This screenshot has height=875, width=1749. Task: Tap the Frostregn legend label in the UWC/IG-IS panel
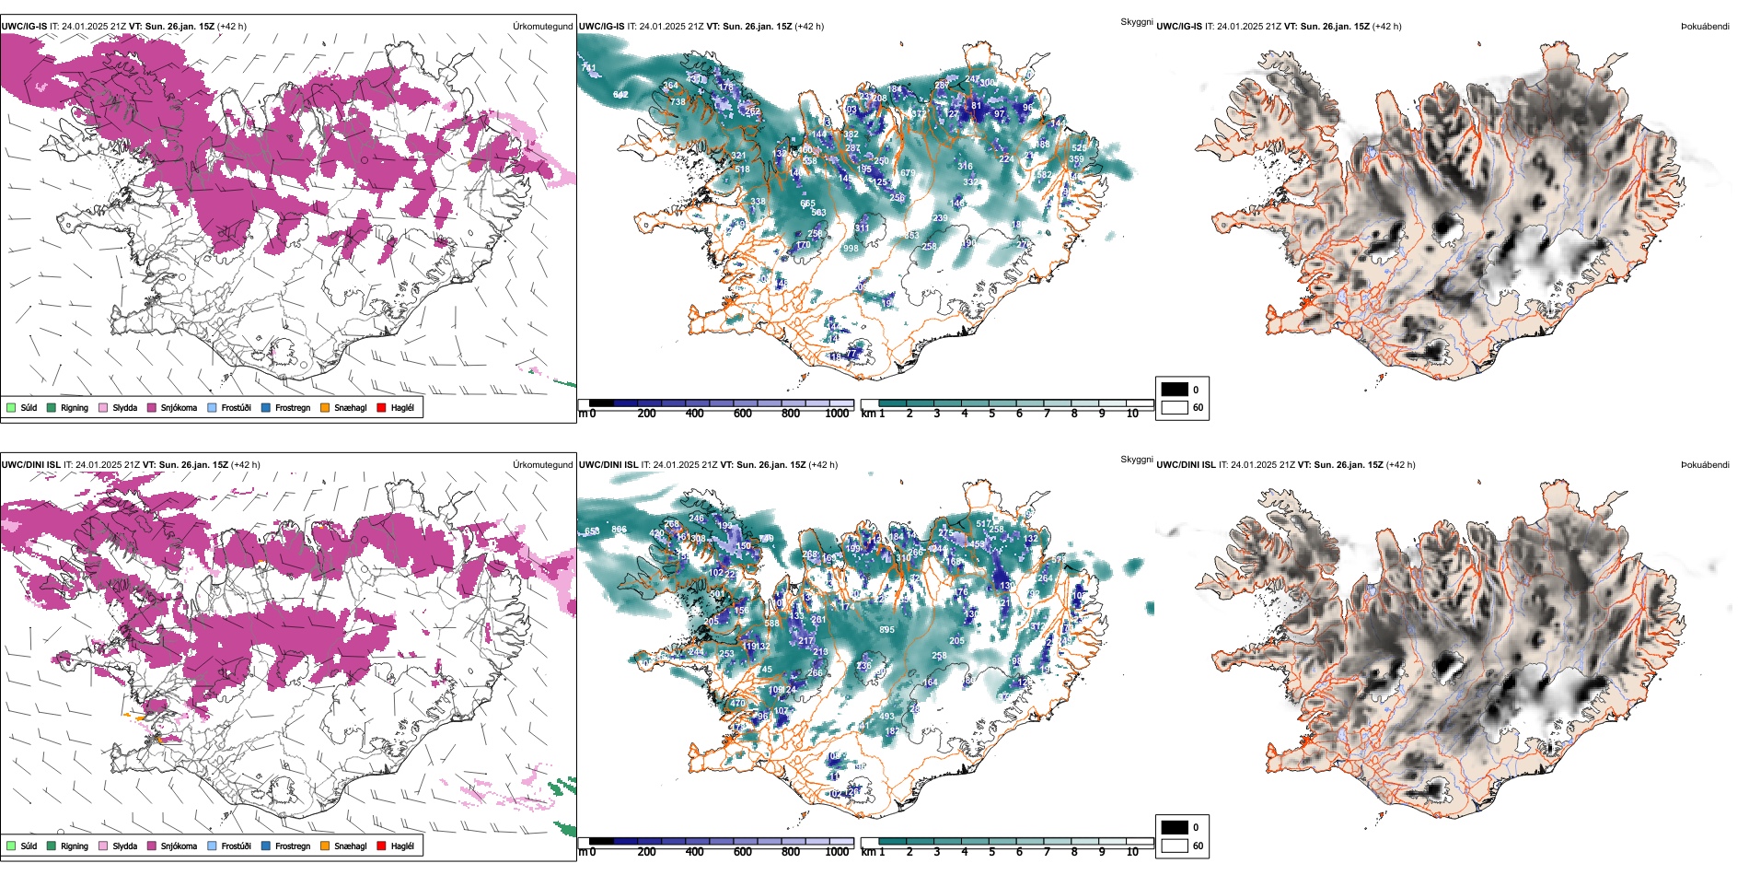coord(293,408)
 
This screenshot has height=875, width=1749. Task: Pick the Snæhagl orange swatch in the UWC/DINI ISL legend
coord(326,846)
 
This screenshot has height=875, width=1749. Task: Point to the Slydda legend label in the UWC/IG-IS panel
coord(125,408)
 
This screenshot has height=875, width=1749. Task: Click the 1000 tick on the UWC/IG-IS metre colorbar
coord(837,414)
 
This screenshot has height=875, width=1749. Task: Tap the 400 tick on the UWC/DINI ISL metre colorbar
coord(694,852)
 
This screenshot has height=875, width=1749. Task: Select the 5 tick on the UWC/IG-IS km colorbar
coord(991,414)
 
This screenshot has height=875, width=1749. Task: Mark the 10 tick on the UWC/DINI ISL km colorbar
coord(1132,852)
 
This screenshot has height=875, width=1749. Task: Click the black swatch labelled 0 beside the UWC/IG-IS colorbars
coord(1175,390)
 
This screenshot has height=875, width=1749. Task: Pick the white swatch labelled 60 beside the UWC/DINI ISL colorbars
coord(1175,846)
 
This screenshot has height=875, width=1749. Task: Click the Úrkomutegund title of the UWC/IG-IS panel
coord(542,27)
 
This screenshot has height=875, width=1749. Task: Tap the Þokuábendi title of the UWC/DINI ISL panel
coord(1705,465)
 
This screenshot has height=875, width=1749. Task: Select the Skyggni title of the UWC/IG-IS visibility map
coord(1136,22)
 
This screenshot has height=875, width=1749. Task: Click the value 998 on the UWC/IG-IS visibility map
coord(851,248)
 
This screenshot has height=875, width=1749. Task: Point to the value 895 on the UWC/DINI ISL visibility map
coord(886,630)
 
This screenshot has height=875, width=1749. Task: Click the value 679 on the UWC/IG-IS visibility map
coord(908,173)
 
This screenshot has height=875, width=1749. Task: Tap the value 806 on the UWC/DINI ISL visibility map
coord(620,530)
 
